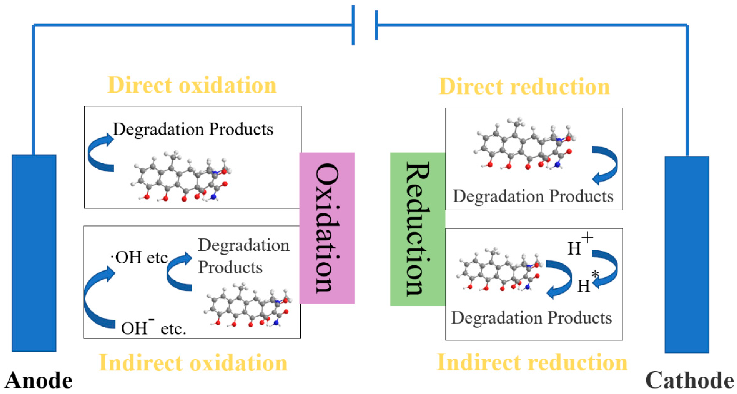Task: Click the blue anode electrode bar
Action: pyautogui.click(x=34, y=253)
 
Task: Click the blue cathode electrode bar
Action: pyautogui.click(x=687, y=254)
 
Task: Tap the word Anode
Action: pyautogui.click(x=38, y=380)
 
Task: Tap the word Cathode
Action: pyautogui.click(x=690, y=380)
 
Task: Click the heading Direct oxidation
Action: pyautogui.click(x=192, y=85)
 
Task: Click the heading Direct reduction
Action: pyautogui.click(x=524, y=86)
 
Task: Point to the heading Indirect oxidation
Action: pyautogui.click(x=193, y=362)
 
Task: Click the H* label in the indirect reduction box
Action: pyautogui.click(x=586, y=284)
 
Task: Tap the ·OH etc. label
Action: pyautogui.click(x=140, y=257)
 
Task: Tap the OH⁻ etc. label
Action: pyautogui.click(x=153, y=327)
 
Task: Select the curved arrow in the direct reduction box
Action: pyautogui.click(x=607, y=165)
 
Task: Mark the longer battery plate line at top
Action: pyautogui.click(x=353, y=25)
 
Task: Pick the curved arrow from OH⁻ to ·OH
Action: pyautogui.click(x=94, y=298)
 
